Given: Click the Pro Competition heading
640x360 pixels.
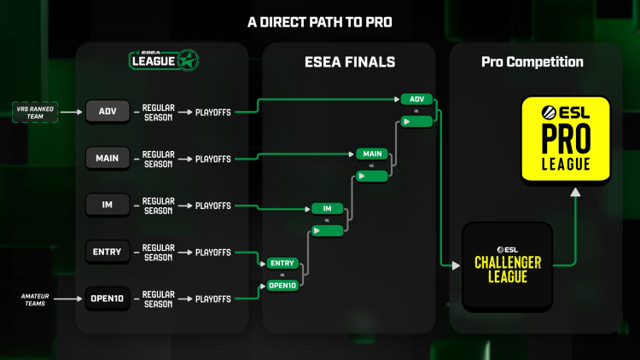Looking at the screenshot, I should click(532, 61).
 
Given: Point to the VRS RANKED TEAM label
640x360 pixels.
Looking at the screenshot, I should click(36, 111).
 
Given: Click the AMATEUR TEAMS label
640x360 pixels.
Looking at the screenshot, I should click(38, 299).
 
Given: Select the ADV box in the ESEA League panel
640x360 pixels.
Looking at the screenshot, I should click(107, 111).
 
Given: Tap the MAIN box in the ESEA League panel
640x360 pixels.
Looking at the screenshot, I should click(107, 158).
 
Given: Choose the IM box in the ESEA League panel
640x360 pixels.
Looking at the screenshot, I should click(107, 205).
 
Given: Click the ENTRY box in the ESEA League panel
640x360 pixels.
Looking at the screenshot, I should click(107, 252).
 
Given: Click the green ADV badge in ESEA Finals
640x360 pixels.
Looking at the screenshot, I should click(416, 99).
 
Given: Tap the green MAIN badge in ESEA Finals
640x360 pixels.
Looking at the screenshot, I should click(372, 154).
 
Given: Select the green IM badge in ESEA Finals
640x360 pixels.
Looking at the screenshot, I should click(327, 208).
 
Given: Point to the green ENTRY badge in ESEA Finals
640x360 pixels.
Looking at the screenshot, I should click(282, 263).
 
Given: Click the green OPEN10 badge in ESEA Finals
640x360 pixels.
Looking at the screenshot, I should click(282, 285).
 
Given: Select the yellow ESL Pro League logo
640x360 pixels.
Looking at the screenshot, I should click(566, 139).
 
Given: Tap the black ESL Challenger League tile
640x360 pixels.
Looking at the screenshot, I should click(507, 267).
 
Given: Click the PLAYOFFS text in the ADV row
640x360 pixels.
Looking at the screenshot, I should click(212, 111).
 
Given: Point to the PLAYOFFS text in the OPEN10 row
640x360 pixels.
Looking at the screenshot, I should click(212, 299).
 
